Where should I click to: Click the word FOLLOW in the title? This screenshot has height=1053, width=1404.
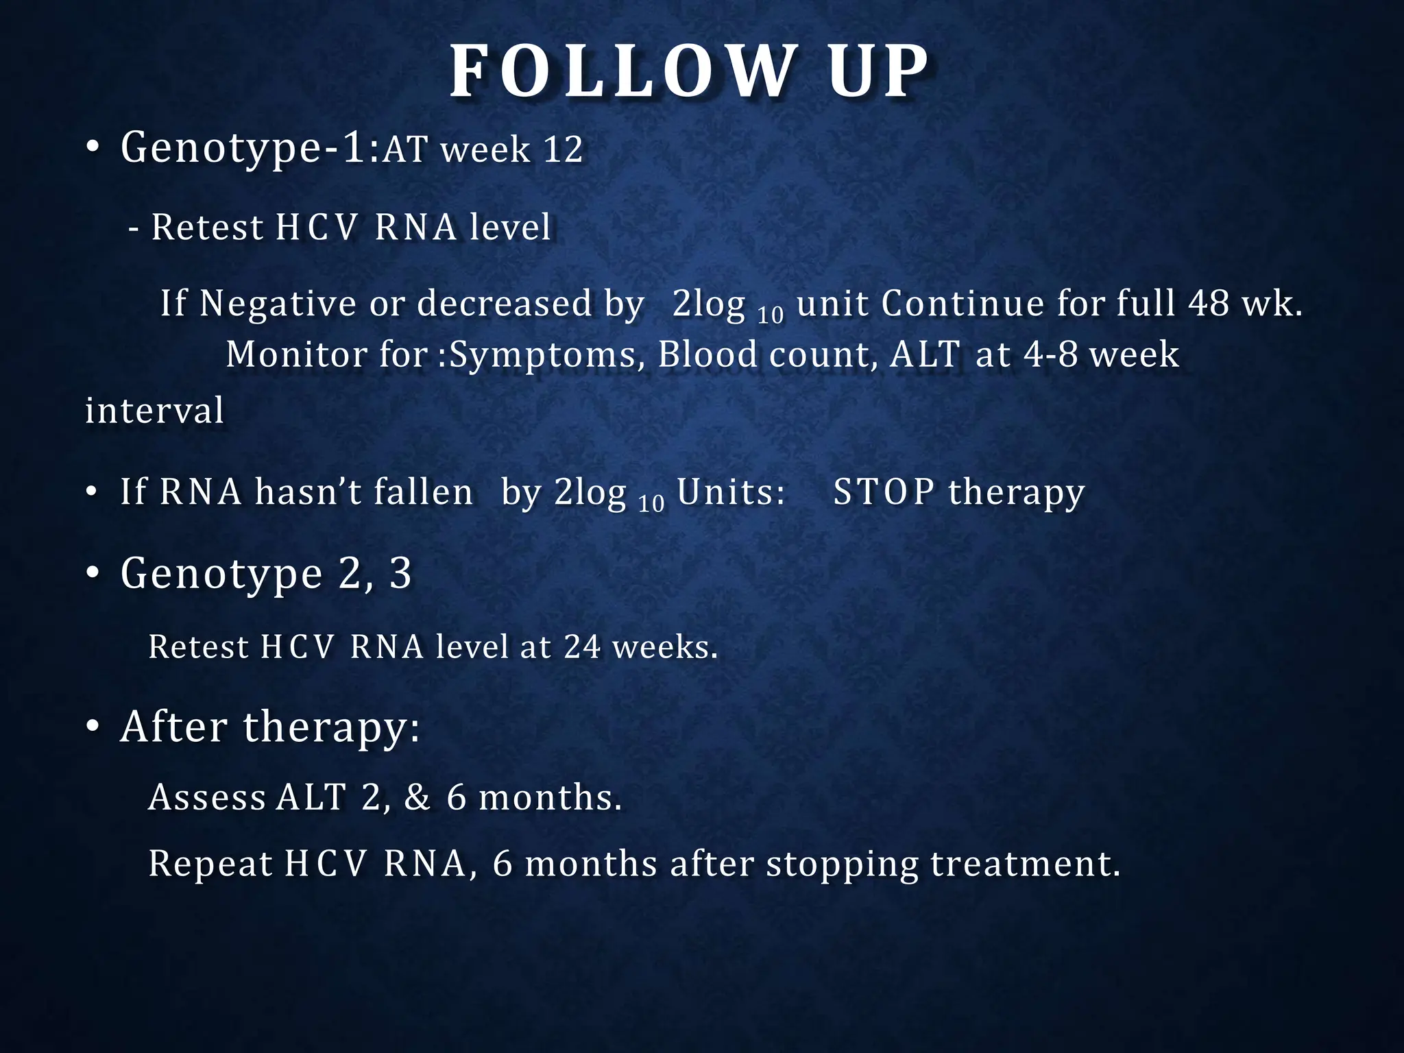(x=621, y=72)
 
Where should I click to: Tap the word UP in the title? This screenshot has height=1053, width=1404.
(x=877, y=72)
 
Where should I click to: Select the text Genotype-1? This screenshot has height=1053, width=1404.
(x=250, y=148)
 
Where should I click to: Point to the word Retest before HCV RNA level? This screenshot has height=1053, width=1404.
(x=207, y=228)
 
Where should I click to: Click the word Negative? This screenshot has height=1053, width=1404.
(x=278, y=304)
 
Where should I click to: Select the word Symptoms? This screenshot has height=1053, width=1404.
(x=542, y=355)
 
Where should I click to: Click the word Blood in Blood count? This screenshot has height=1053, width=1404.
(x=706, y=354)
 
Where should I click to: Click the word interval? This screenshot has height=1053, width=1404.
(x=154, y=411)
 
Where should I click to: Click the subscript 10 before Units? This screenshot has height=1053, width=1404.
(x=651, y=505)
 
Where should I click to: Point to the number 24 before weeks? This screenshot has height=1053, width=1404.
(x=582, y=646)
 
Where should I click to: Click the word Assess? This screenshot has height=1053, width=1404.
(x=207, y=797)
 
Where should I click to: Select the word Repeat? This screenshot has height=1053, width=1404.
(x=210, y=864)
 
